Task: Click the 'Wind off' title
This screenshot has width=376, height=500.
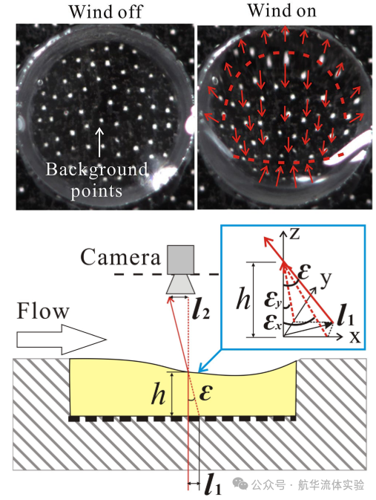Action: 105,12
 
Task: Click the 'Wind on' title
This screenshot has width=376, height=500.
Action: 282,10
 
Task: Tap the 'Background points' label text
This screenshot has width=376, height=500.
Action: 97,181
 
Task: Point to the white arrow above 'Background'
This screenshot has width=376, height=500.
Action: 99,142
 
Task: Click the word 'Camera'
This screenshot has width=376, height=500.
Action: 120,257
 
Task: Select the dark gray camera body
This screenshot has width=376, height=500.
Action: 180,259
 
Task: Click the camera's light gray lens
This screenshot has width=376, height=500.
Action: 180,284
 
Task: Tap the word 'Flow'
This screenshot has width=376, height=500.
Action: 43,311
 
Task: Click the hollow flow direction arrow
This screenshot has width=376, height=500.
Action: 61,340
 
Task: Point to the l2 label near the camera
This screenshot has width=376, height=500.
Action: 201,309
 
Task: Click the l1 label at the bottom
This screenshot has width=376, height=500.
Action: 213,484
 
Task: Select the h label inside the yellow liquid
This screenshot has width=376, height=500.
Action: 159,394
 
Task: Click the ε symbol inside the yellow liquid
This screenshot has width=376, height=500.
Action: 206,392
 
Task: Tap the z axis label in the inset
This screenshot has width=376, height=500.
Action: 294,234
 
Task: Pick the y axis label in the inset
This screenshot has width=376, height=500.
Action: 326,279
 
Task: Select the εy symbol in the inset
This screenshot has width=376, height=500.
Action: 273,300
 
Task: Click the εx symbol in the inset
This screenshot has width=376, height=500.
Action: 272,322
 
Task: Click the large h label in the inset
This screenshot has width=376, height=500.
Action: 243,299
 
